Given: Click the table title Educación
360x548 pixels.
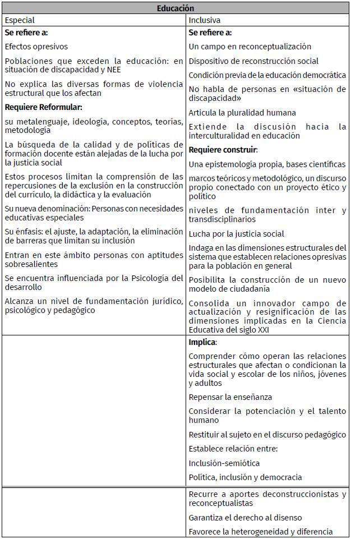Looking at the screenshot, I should click(x=175, y=8).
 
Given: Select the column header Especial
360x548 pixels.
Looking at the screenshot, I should click(x=20, y=20).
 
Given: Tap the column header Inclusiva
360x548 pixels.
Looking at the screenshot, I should click(x=204, y=20).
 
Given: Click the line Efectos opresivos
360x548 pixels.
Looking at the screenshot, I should click(x=36, y=47).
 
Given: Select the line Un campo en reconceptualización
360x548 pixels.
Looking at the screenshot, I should click(x=250, y=47).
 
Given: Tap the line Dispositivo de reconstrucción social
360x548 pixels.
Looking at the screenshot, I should click(x=253, y=61).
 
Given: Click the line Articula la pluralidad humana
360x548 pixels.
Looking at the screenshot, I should click(x=242, y=113).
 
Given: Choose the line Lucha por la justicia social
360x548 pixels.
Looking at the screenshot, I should click(x=236, y=234).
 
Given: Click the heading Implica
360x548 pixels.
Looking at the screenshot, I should click(x=202, y=342).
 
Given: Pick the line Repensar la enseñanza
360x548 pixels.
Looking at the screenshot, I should click(x=230, y=397).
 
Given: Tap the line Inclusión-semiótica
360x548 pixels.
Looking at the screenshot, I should click(x=224, y=463).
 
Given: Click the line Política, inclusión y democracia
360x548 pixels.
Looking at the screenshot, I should click(x=245, y=477).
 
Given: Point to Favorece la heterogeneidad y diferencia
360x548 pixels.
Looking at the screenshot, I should click(x=260, y=532).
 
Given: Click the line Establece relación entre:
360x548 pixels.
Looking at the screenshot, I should click(x=233, y=449).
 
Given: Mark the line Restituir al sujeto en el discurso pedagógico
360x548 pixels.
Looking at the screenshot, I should click(x=267, y=435).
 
